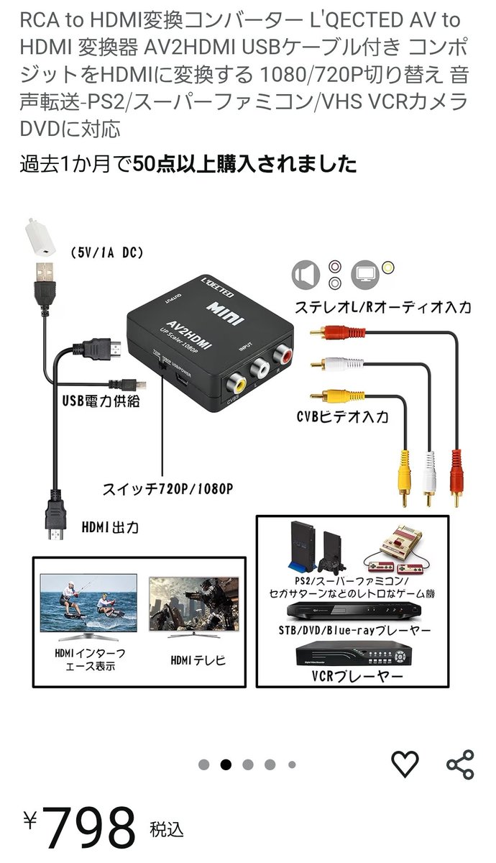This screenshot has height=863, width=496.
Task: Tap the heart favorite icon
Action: point(405,763)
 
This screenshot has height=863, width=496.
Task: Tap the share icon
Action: point(460,764)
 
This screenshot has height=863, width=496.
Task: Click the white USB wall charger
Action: point(42,238)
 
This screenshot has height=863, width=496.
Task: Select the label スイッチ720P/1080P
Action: point(167,490)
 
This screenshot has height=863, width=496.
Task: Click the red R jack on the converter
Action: point(280,356)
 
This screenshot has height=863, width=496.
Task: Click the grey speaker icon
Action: point(306,275)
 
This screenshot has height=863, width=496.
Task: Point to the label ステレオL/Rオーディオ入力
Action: point(383,307)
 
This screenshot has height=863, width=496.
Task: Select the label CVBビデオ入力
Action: point(342,416)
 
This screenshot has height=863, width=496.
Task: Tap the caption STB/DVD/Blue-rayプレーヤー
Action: point(354,630)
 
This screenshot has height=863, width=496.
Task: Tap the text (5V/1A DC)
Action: point(107,252)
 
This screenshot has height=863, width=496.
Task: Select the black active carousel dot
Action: point(226,764)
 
